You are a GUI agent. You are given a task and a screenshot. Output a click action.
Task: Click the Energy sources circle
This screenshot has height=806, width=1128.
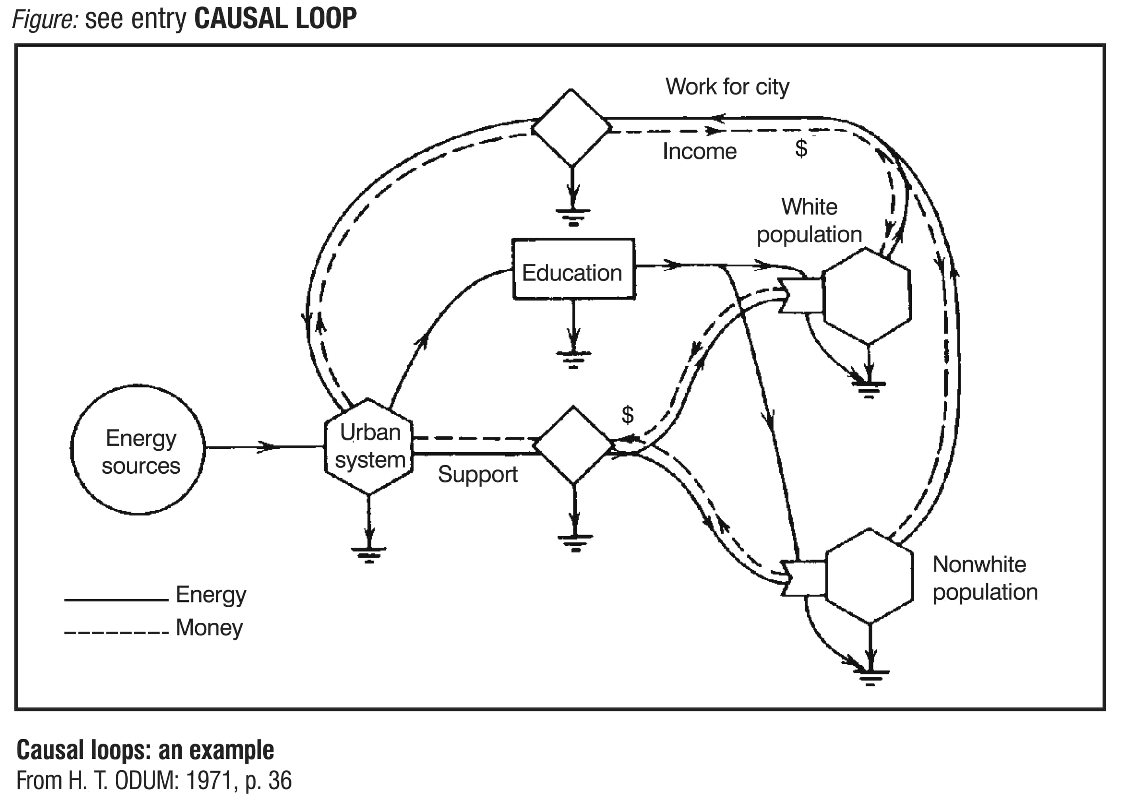138,449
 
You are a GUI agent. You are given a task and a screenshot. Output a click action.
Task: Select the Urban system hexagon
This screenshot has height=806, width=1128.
369,446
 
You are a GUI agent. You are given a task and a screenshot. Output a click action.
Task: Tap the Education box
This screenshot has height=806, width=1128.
573,269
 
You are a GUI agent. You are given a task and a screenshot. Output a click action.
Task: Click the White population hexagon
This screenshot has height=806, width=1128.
867,296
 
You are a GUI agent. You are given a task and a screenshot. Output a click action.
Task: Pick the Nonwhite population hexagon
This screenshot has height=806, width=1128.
869,576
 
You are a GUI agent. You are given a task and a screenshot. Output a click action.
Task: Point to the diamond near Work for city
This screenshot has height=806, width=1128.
571,128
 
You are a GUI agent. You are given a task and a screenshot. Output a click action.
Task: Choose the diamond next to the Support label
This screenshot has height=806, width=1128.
574,445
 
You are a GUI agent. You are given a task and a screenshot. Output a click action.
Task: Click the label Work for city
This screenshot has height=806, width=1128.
727,87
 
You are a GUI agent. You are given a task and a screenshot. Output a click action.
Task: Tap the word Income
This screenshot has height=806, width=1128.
699,151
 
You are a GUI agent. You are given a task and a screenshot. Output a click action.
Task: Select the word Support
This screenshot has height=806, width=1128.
478,475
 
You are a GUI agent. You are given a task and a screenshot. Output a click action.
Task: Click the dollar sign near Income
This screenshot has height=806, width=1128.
801,148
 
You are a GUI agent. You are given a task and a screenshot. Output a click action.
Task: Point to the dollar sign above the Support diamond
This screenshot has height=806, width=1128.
627,415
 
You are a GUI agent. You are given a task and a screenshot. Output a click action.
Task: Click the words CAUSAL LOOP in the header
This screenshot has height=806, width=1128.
275,19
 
